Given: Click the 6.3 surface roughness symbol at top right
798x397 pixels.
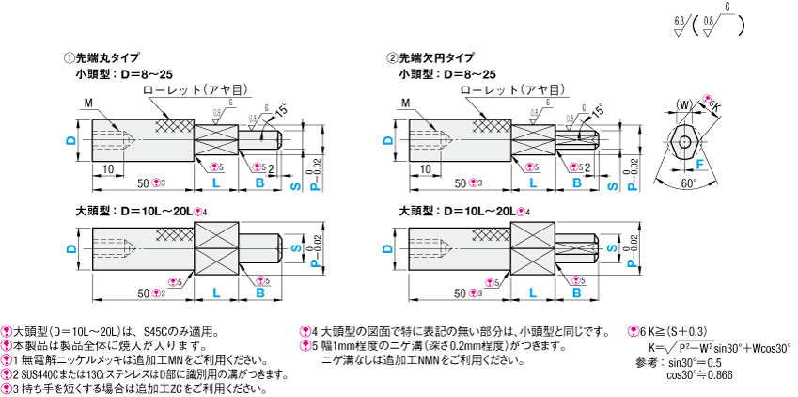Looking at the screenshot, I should pyautogui.click(x=679, y=20).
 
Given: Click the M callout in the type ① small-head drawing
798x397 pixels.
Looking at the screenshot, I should pyautogui.click(x=87, y=103).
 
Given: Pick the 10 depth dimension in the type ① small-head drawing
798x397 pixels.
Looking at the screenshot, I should pyautogui.click(x=109, y=168).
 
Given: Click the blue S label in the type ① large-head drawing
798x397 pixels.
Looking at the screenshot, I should pyautogui.click(x=297, y=249).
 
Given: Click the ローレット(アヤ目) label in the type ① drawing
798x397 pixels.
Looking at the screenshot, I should pyautogui.click(x=196, y=89).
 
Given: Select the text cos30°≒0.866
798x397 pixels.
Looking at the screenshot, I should pyautogui.click(x=700, y=374).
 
